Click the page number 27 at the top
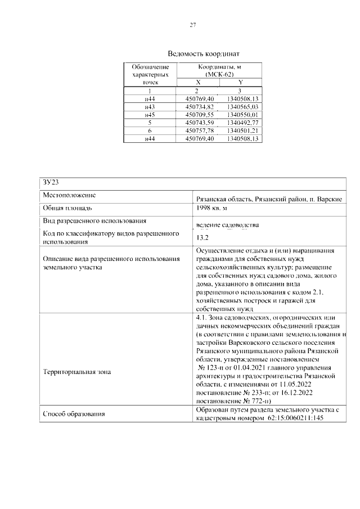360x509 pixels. pos(192,25)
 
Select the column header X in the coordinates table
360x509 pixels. pos(198,82)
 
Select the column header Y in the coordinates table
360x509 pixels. pos(241,82)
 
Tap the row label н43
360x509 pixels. pos(150,106)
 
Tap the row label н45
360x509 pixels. pos(150,114)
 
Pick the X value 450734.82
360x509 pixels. pos(200,106)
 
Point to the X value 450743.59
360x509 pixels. pos(200,122)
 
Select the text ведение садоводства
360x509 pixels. pos(227,226)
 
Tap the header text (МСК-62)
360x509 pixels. pos(219,74)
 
